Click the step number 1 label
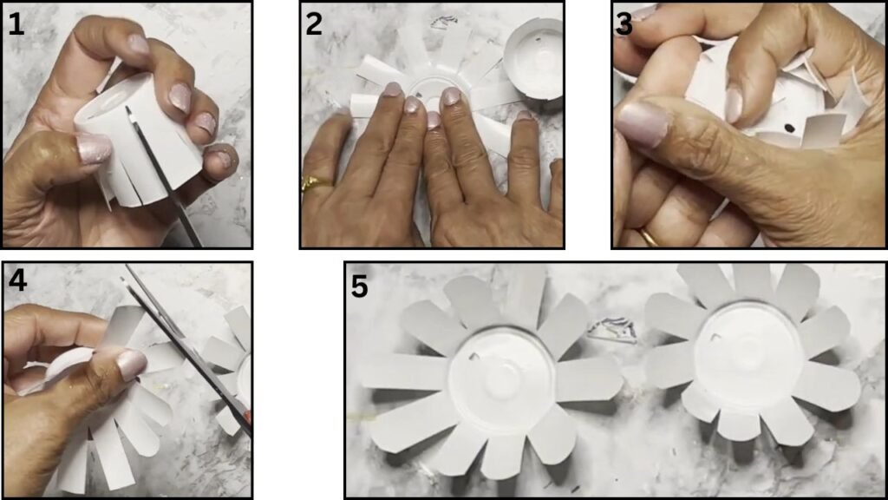coord(16,24)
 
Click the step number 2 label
coord(314,24)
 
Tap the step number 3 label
coord(624,24)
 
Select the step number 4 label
coord(17,280)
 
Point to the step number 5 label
coord(360,286)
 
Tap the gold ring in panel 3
coord(649,237)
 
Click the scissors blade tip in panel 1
coord(128,109)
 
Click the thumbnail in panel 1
coord(94,148)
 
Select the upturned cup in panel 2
coord(533,58)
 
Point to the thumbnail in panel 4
coord(131,365)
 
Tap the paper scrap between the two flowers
coord(612,331)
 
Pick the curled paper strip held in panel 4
coord(65,367)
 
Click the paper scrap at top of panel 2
coord(444,22)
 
